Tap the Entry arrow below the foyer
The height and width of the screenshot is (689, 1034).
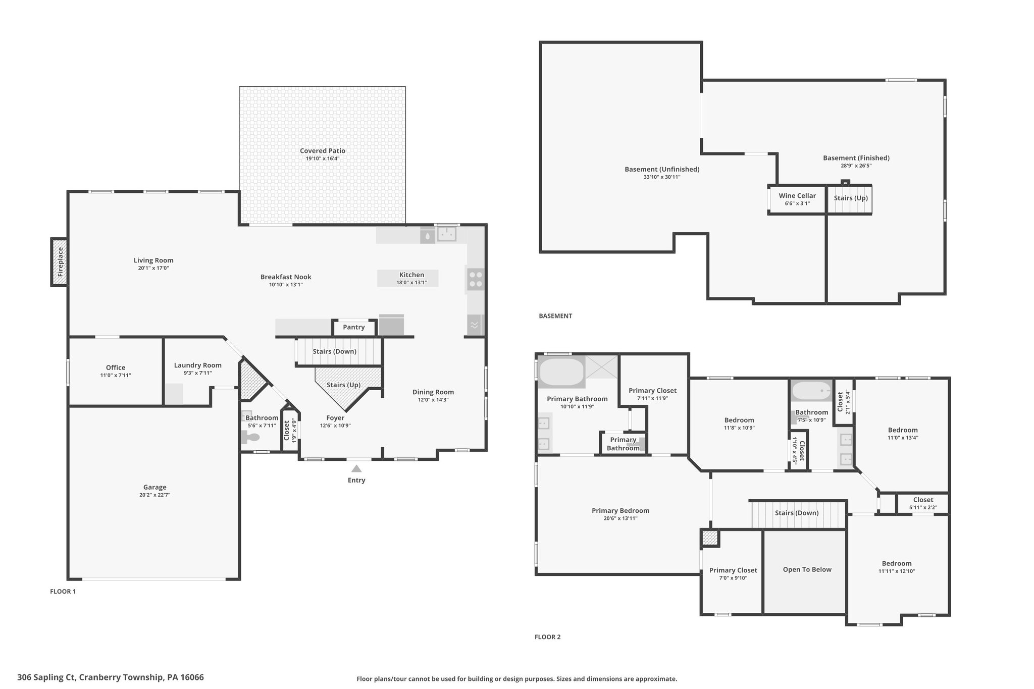coord(356,468)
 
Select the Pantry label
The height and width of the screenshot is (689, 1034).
coord(354,327)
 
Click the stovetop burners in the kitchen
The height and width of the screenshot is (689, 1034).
coord(475,280)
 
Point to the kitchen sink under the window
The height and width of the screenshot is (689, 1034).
coord(446,234)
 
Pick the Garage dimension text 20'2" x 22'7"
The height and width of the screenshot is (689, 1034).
coord(154,495)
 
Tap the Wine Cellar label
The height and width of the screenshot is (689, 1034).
coord(797,196)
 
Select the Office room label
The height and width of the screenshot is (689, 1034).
coord(116,367)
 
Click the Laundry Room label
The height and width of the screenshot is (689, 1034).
coord(198,365)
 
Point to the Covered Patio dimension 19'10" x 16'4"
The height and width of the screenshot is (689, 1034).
coord(323,158)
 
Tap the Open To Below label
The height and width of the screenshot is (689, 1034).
coord(807,569)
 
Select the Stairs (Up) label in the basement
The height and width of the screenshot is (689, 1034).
coord(851,198)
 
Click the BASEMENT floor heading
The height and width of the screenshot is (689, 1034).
coord(555,316)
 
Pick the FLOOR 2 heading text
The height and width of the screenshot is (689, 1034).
coord(548,637)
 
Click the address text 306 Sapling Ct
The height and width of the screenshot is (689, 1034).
coord(46,677)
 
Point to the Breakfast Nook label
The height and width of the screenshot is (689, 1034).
coord(286,277)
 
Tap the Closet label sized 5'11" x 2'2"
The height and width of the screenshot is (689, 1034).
coord(923,500)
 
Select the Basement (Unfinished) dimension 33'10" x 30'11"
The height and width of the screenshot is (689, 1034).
coord(662,177)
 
